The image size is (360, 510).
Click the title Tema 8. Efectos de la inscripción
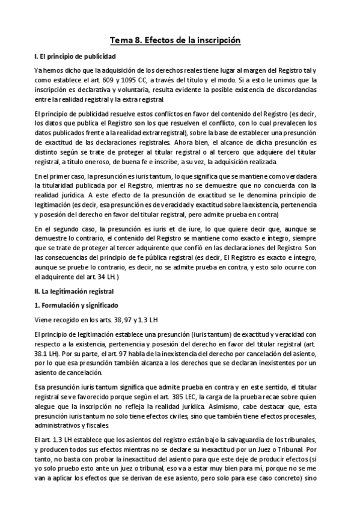coord(175,40)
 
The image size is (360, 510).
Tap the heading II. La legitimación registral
coord(74,290)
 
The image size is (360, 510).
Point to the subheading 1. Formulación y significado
coord(76,305)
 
